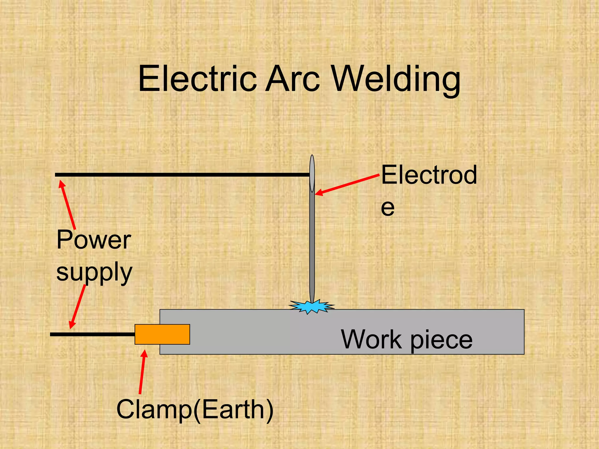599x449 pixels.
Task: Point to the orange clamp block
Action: coord(162,334)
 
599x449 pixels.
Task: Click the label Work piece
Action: coord(407,339)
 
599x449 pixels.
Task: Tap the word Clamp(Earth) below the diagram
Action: coord(195,409)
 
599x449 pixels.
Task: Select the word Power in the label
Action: coord(94,240)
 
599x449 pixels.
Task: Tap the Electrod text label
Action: coord(429,175)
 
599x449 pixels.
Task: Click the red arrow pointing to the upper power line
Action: coord(68,205)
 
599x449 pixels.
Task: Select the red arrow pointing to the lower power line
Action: coord(77,307)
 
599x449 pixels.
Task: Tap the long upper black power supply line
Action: coord(181,175)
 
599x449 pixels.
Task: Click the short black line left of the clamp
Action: coord(92,334)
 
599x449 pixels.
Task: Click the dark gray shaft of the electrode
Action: coord(312,248)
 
